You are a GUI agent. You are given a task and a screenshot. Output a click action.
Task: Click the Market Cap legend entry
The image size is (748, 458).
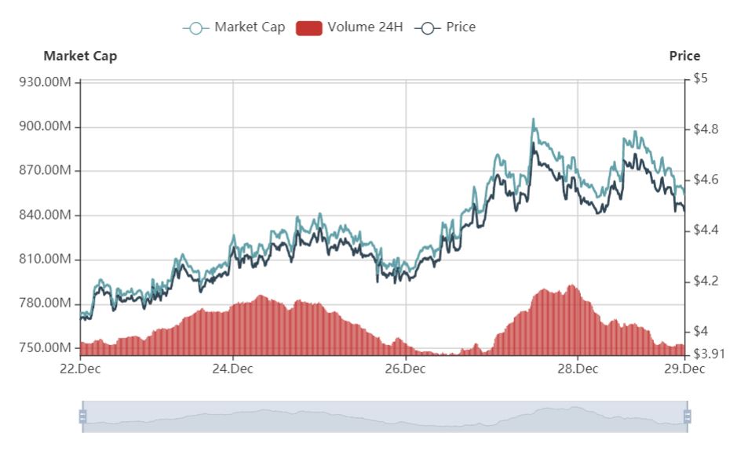pos(235,27)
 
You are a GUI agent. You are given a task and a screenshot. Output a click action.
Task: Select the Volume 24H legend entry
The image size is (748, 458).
pos(350,27)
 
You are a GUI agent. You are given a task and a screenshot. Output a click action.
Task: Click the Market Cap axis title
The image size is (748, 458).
pos(80,56)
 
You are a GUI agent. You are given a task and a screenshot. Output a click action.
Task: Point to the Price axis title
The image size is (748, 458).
pos(684,56)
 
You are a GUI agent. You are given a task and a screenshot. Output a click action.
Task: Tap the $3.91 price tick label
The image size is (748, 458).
pos(709,354)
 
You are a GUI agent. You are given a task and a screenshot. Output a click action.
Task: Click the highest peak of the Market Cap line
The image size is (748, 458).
pos(534,120)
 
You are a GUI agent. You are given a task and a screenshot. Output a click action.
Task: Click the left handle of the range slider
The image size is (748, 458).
pos(82,416)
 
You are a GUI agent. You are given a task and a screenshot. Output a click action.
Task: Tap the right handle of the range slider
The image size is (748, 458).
pos(688,416)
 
